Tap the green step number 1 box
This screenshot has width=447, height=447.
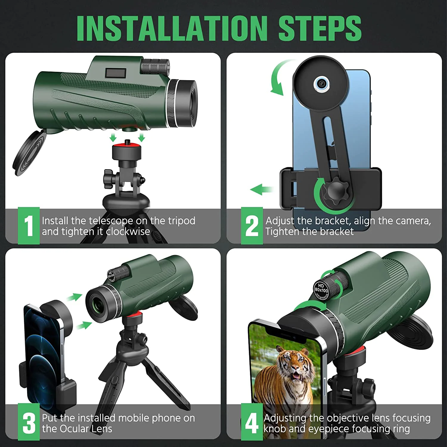pyautogui.click(x=29, y=226)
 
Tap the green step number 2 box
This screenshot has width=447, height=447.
pyautogui.click(x=252, y=226)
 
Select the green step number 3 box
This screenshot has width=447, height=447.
pyautogui.click(x=29, y=422)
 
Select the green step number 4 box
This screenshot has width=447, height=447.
pyautogui.click(x=252, y=422)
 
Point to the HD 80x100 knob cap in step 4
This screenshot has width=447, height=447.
pyautogui.click(x=321, y=289)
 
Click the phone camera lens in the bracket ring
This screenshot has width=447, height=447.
pyautogui.click(x=321, y=84)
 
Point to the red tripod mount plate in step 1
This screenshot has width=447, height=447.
pyautogui.click(x=126, y=146)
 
